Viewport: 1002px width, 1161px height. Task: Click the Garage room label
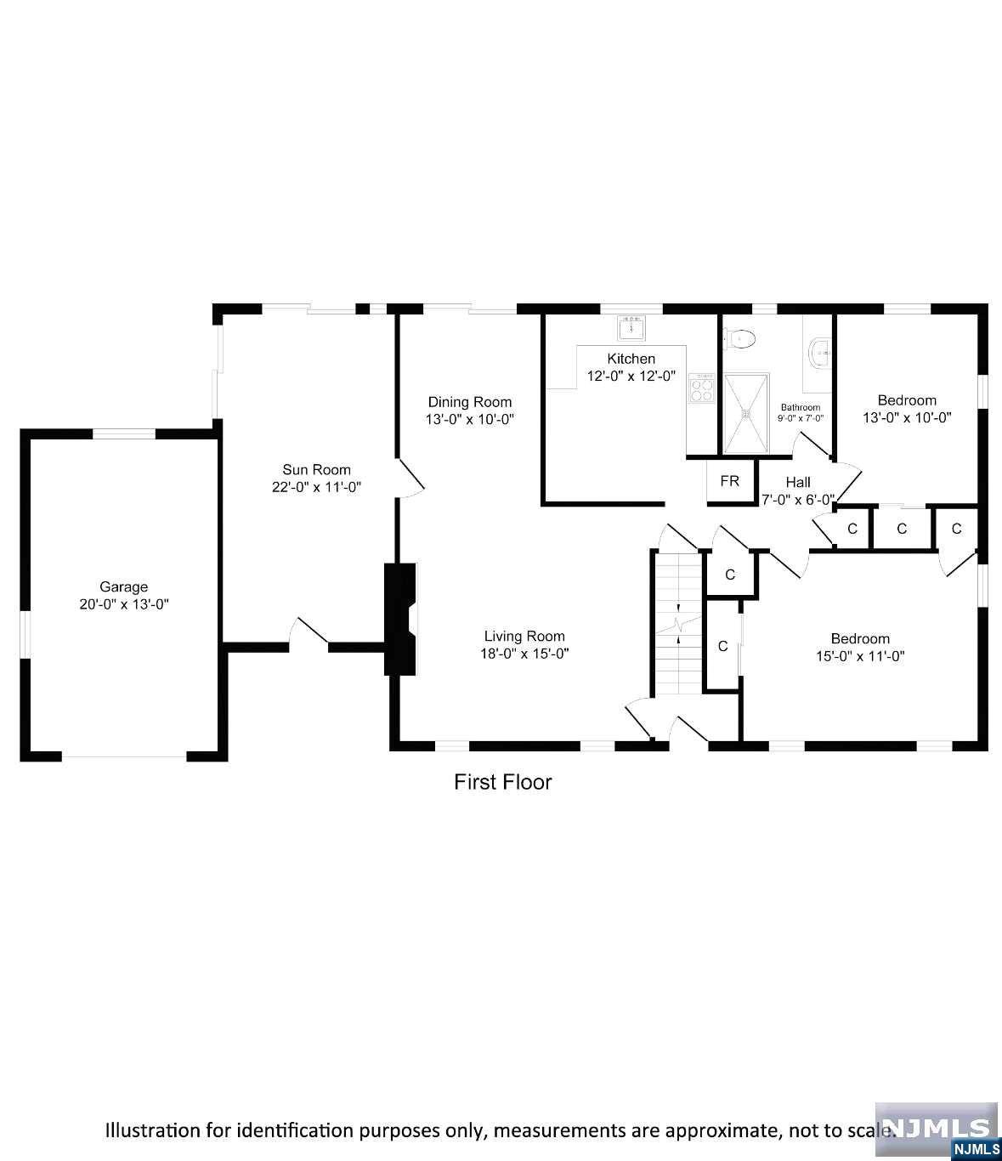click(124, 586)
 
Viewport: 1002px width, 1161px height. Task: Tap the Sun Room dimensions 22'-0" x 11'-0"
click(316, 487)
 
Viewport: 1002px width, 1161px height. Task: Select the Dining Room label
click(469, 402)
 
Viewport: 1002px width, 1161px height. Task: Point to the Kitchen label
click(631, 359)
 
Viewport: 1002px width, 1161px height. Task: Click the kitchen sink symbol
click(631, 327)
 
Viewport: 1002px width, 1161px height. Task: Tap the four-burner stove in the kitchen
click(702, 389)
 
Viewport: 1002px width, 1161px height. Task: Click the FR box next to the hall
click(729, 481)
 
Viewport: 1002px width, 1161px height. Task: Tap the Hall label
click(798, 482)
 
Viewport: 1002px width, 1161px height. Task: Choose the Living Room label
click(524, 636)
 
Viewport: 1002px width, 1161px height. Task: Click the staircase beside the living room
click(678, 625)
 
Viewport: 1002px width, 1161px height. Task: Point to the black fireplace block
click(400, 619)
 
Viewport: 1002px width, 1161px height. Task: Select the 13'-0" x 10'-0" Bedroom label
click(907, 400)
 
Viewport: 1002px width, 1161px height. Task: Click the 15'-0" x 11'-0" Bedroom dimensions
click(860, 656)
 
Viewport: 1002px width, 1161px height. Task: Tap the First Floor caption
click(502, 782)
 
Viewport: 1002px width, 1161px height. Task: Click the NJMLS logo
click(937, 1129)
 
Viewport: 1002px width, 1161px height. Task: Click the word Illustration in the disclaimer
click(150, 1130)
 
